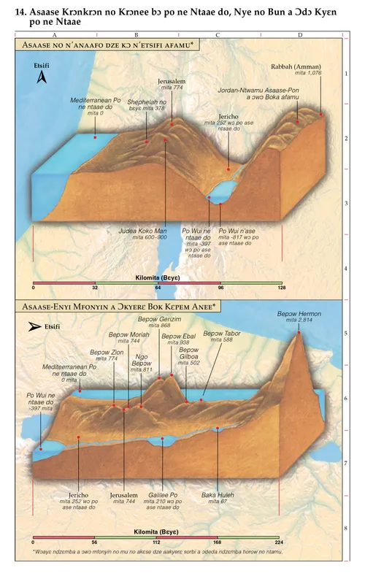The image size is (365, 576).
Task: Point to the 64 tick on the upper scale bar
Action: click(x=158, y=288)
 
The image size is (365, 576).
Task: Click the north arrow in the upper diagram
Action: click(x=42, y=77)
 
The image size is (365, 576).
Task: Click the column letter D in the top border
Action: click(x=300, y=35)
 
